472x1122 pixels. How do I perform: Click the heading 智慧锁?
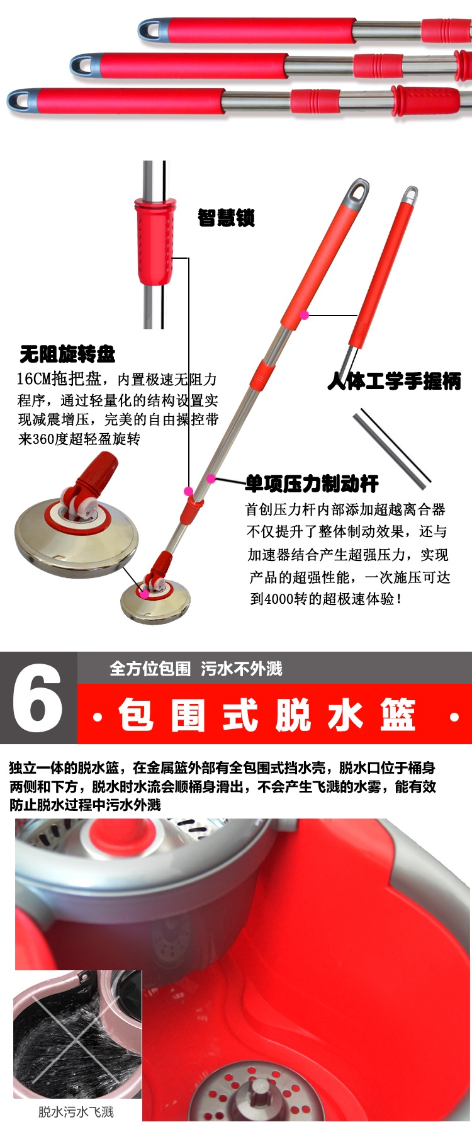(x=226, y=218)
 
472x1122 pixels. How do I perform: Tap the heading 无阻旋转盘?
(x=67, y=354)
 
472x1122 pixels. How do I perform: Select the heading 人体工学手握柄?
(x=394, y=381)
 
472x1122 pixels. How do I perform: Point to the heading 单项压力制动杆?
(x=312, y=484)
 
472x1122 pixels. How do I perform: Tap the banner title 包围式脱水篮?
(x=267, y=715)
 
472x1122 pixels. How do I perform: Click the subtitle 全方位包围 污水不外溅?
(x=196, y=669)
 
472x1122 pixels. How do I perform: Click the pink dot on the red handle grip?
(x=305, y=314)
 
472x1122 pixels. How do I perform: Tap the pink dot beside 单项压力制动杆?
(x=211, y=479)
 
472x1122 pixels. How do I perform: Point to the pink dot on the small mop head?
(x=144, y=593)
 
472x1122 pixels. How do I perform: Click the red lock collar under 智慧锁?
(x=155, y=242)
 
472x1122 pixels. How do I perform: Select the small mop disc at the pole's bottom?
(x=155, y=602)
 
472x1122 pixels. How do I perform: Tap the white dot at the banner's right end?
(x=454, y=717)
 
